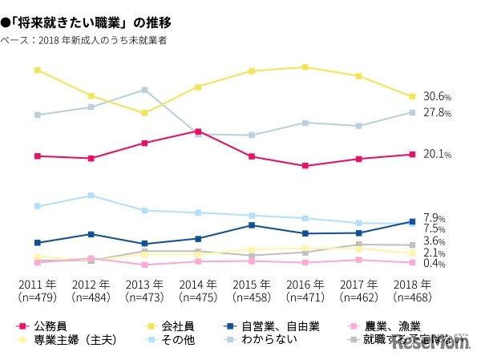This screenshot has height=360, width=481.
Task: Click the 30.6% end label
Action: pos(438,97)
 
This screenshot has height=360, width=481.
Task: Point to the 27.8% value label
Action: pos(438,113)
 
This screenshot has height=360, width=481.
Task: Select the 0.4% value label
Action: pos(434,264)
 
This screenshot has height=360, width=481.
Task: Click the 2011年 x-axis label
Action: pos(38,285)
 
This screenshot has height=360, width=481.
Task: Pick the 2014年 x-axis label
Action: pos(198,285)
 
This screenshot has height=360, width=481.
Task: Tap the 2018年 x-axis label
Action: pos(411,285)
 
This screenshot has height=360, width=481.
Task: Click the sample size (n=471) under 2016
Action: pos(305,297)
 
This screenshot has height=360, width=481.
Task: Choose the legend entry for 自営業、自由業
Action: pos(281,326)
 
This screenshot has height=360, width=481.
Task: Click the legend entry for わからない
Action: pos(276,339)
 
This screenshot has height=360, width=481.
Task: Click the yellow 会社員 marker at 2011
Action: pos(38,71)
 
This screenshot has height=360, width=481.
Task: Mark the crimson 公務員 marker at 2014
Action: pos(198,131)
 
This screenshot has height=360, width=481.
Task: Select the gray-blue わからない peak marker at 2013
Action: pos(144,90)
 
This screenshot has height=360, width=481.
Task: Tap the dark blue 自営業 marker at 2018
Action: pos(411,221)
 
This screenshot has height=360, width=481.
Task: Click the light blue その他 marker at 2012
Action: pos(91,196)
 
